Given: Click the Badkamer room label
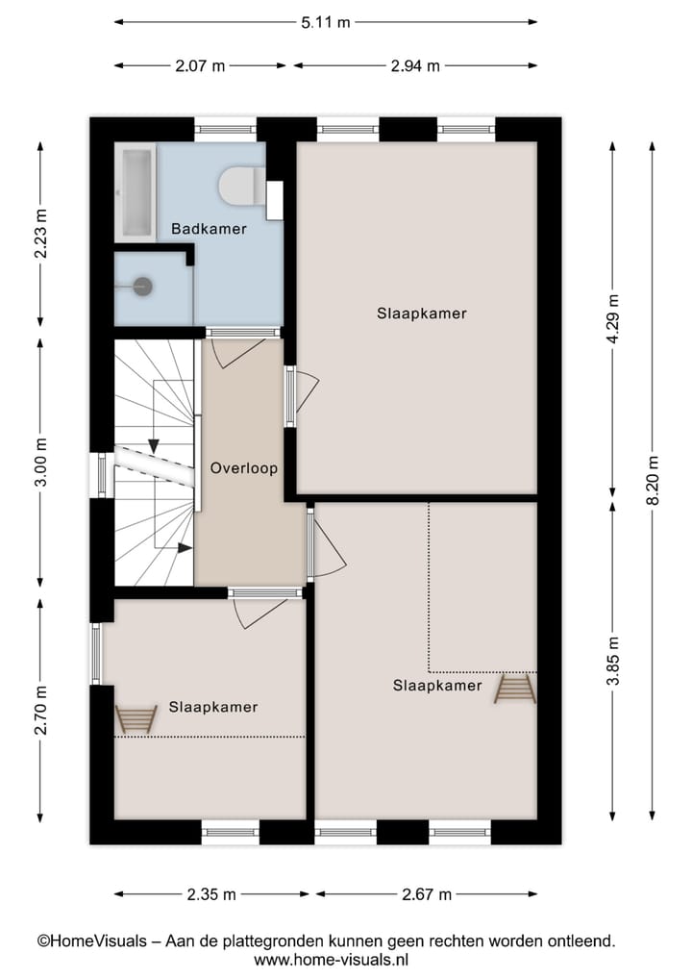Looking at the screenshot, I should click(209, 229).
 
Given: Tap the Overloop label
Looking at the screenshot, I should click(244, 468).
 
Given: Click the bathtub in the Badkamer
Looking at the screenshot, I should click(135, 192).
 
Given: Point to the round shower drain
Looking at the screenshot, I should click(143, 285).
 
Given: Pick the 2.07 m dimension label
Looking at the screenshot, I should click(201, 66).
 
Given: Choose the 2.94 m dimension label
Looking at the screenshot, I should click(415, 66).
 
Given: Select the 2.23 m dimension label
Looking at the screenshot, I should click(40, 234).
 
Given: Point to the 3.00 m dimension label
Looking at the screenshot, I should click(40, 463).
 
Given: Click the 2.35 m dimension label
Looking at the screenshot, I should click(211, 894).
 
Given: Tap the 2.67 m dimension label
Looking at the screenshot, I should click(427, 894).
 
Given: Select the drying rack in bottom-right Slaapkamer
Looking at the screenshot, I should click(514, 690).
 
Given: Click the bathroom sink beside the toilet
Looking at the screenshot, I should click(275, 197).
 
